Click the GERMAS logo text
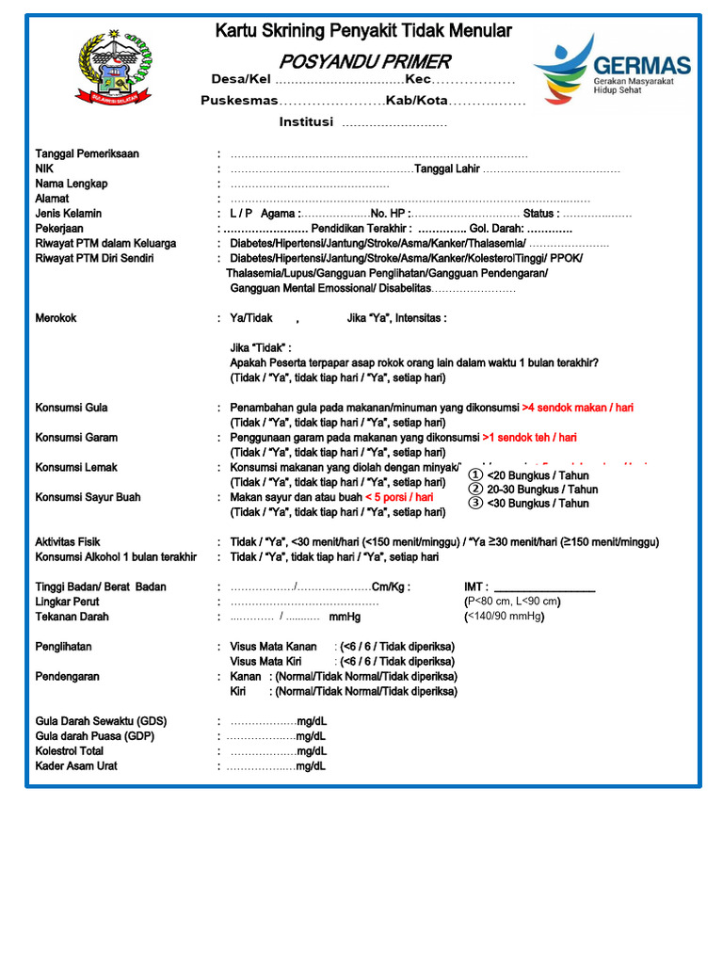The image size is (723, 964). [642, 66]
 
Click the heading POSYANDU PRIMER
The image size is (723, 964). [363, 62]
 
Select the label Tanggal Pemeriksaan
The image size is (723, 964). [88, 153]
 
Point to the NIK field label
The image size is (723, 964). [44, 169]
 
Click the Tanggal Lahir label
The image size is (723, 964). [447, 169]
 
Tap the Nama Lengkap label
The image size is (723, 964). [72, 184]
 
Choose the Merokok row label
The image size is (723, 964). [56, 318]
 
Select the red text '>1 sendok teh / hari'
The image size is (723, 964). [529, 438]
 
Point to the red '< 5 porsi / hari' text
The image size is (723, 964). [399, 497]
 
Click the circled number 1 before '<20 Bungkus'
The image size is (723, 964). [475, 475]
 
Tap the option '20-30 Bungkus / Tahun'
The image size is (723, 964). [541, 490]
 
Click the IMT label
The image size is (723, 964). [476, 586]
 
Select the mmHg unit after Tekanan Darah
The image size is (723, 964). [345, 618]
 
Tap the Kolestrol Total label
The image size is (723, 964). [70, 751]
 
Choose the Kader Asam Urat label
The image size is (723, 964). [76, 766]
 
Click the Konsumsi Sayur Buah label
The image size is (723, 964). [88, 497]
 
